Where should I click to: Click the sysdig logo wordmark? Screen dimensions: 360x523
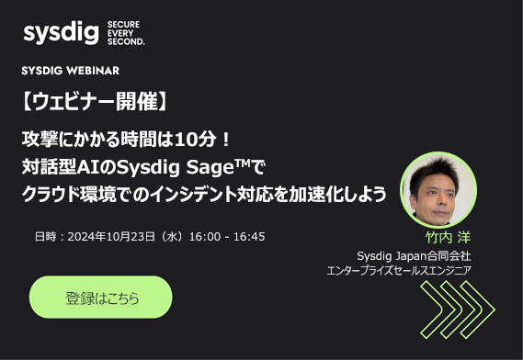tap(61, 35)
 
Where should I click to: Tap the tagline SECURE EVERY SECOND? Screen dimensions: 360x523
tap(126, 35)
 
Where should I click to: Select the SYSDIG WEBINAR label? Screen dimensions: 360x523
tap(71, 71)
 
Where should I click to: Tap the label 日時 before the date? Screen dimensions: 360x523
tap(45, 237)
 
